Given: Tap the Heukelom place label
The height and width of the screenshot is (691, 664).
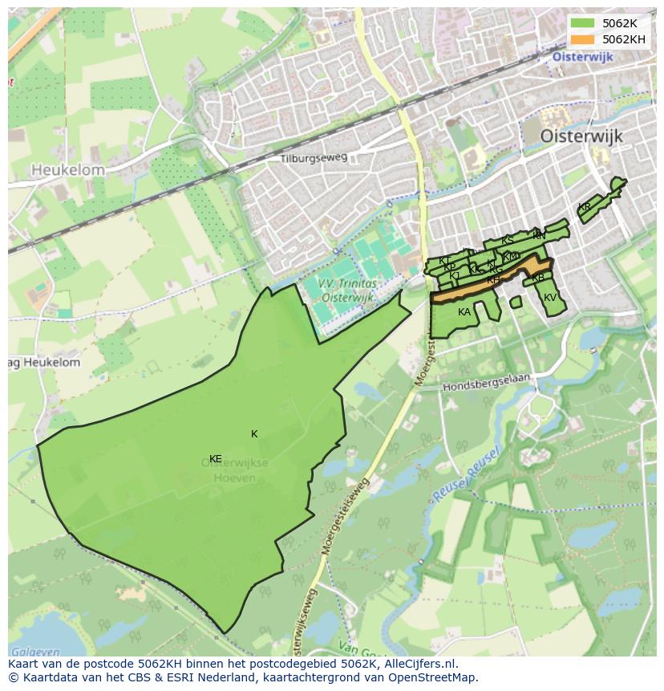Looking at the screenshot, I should point(68,170).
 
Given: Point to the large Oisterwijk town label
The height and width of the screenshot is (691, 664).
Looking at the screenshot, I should point(581,136).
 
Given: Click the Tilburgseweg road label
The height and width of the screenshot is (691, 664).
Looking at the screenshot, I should point(314,158).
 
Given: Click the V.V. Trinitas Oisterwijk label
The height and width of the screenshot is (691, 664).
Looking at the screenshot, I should point(346,291).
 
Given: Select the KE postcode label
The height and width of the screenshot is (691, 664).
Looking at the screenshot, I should point(215,459).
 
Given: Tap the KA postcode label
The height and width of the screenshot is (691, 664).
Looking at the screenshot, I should point(464,312).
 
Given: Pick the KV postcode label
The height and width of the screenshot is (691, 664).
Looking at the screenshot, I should point(550,298).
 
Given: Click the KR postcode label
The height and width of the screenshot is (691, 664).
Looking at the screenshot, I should point(584,207).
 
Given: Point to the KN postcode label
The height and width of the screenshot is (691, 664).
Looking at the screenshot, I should point(539,236).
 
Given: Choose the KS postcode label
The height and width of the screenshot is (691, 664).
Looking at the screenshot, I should point(507,241).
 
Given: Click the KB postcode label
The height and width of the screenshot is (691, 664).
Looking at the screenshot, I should point(538,278).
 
